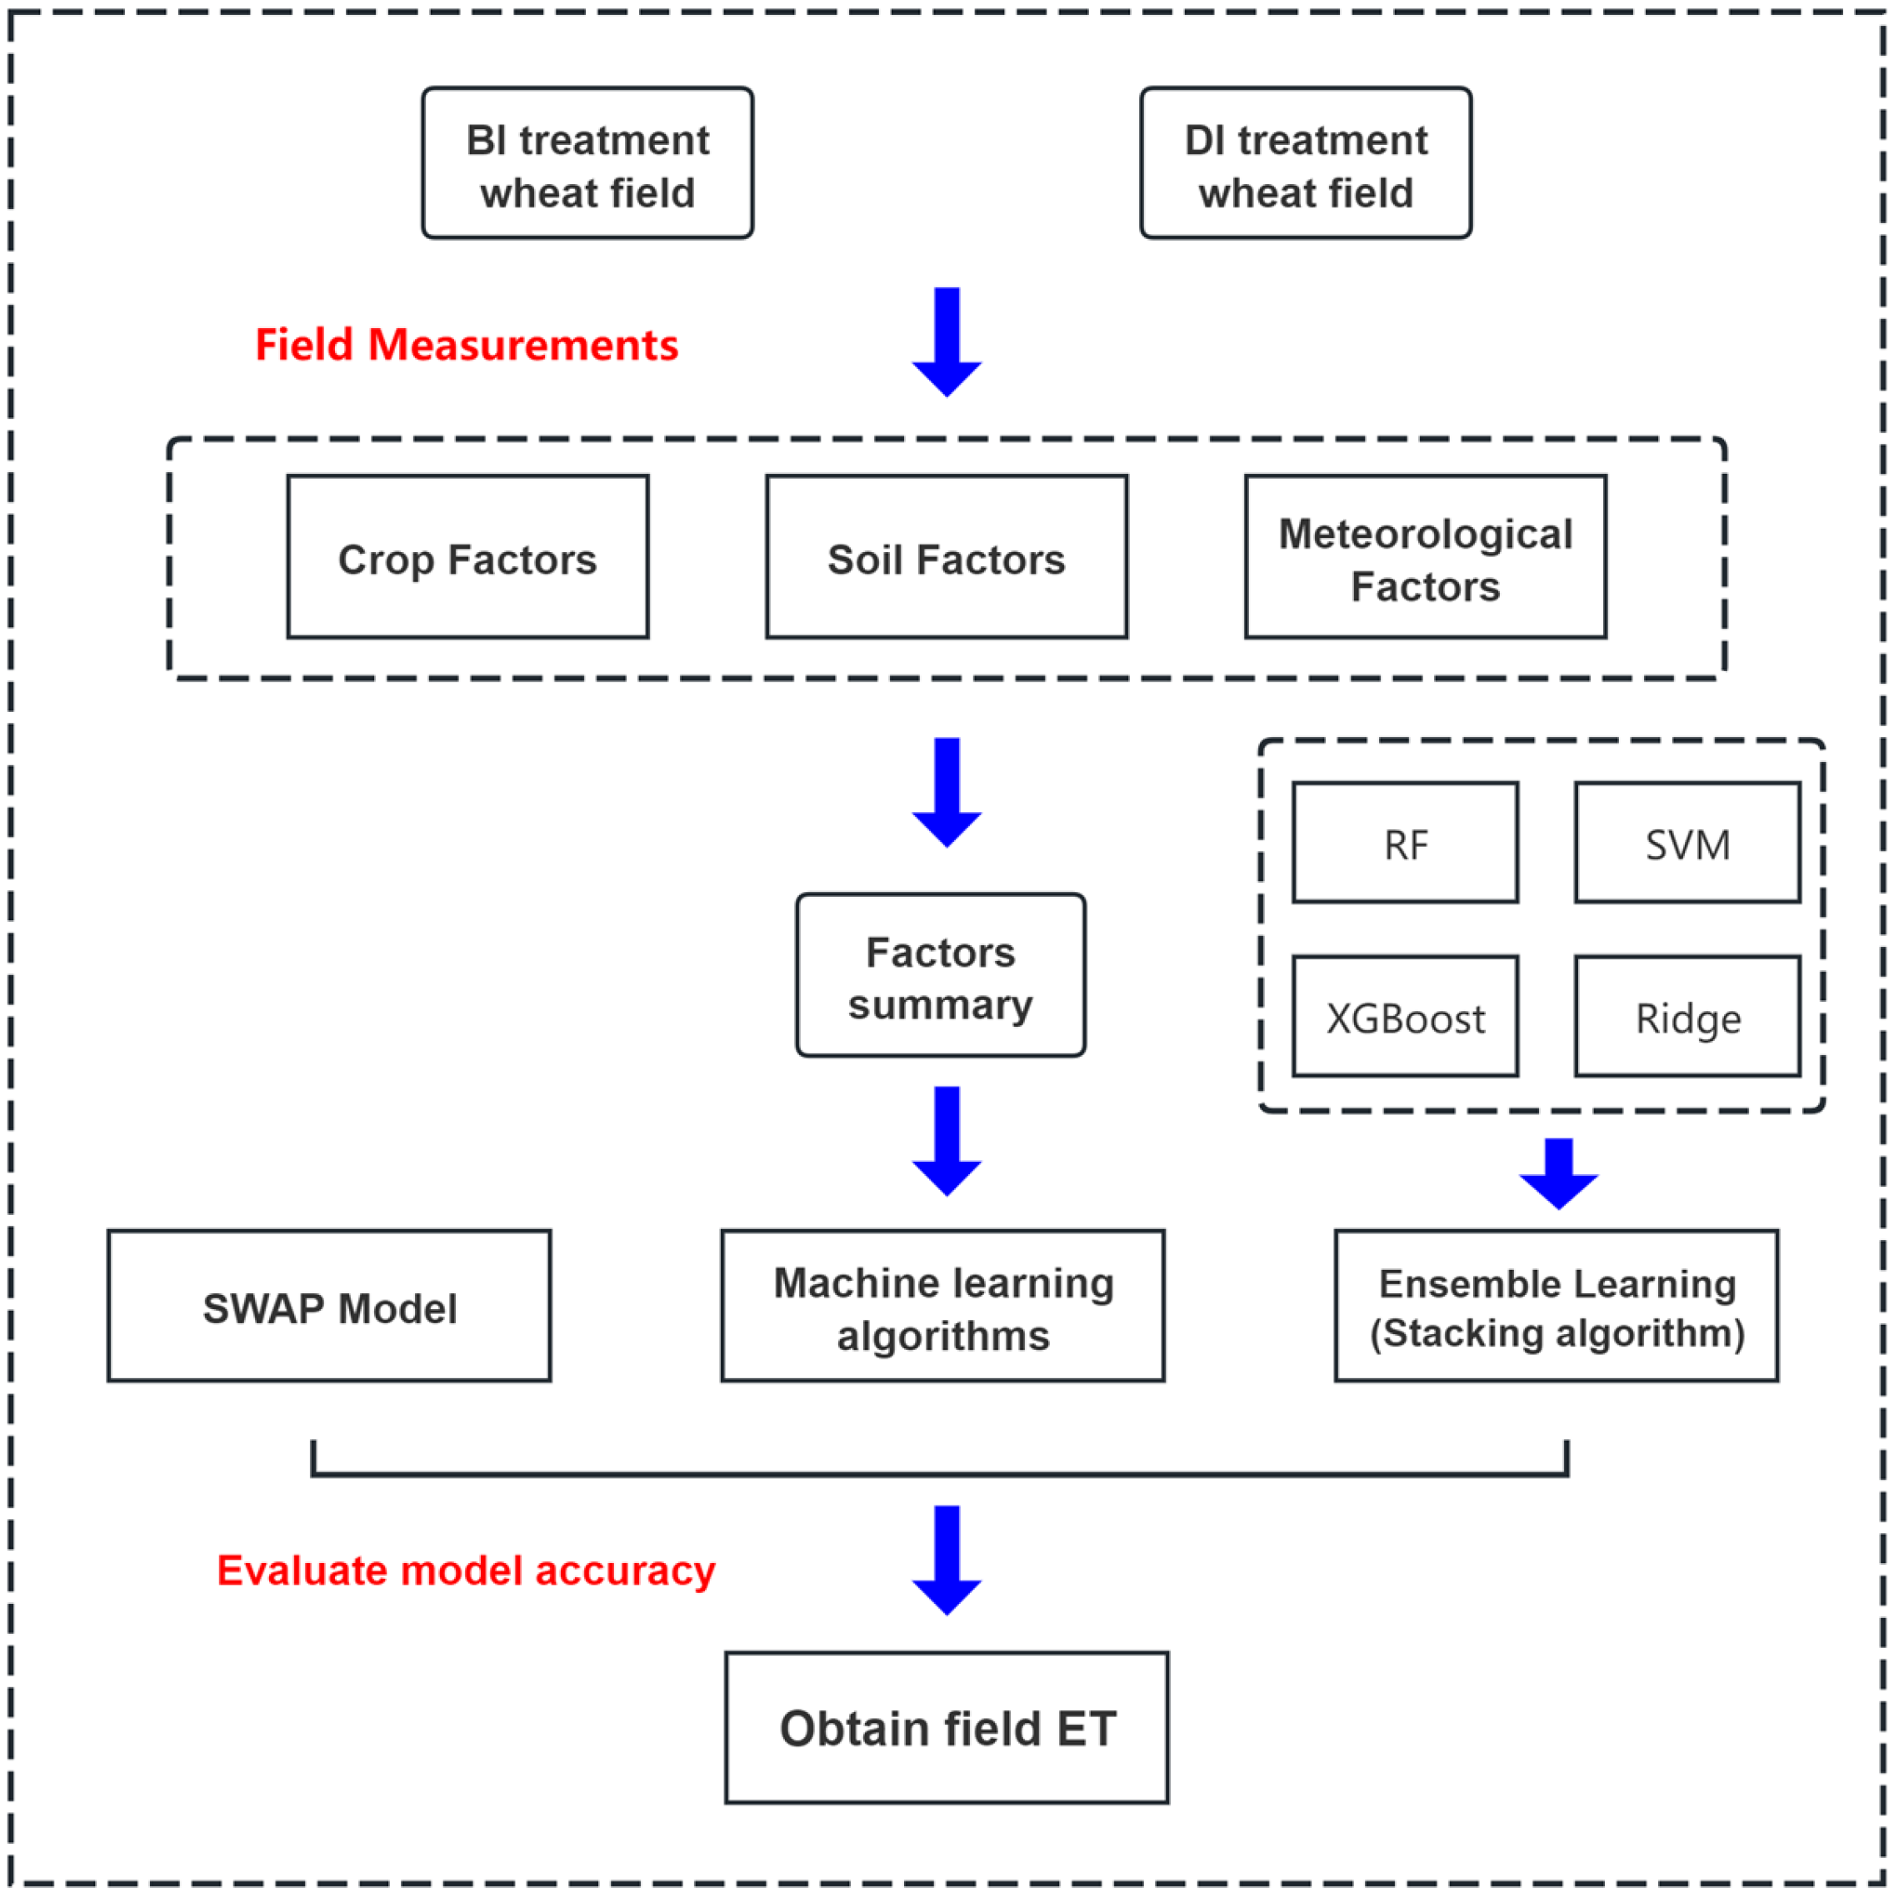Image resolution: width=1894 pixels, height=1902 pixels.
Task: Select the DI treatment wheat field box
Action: point(1305,163)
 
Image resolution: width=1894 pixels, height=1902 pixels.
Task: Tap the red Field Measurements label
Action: point(466,345)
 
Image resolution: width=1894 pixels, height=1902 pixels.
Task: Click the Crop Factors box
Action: point(467,557)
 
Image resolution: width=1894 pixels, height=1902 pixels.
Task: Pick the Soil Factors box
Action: point(946,557)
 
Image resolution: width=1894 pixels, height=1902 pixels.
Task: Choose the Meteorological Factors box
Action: point(1424,557)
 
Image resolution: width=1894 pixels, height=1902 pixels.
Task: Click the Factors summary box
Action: point(940,976)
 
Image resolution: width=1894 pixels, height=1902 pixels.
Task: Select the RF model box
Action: point(1405,843)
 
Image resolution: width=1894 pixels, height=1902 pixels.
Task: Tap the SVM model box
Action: point(1687,843)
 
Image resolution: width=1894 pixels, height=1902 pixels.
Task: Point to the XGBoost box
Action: point(1405,1016)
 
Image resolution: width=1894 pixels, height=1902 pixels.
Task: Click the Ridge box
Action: point(1687,1016)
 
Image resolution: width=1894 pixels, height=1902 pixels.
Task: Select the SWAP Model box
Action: point(329,1307)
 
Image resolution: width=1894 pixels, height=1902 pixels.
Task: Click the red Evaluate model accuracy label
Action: point(466,1571)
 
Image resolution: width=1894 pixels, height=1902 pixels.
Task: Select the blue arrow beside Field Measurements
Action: point(947,341)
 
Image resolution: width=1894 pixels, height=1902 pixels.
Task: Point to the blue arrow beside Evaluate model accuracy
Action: point(947,1560)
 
